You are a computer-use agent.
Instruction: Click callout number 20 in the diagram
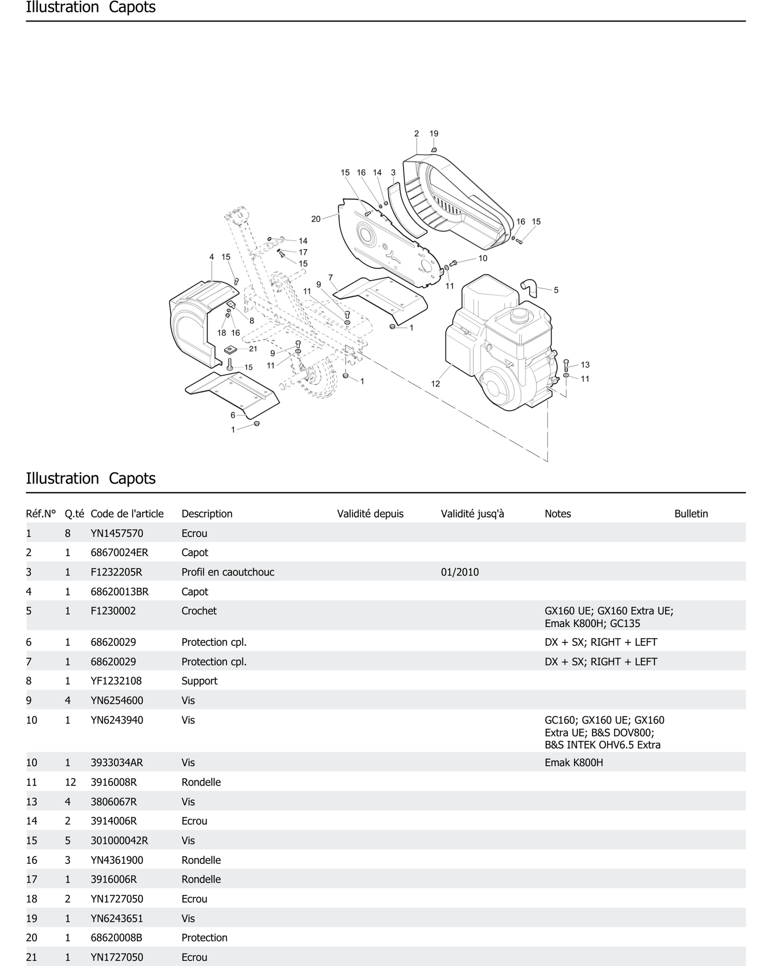click(316, 219)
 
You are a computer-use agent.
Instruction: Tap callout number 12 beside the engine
click(435, 384)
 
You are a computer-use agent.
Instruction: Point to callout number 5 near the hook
click(556, 290)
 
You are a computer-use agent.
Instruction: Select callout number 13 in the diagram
click(585, 365)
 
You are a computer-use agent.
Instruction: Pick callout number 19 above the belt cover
click(434, 134)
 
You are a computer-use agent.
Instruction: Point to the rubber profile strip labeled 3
click(405, 211)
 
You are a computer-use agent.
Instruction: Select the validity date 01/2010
click(460, 572)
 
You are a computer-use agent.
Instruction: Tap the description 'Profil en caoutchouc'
click(228, 572)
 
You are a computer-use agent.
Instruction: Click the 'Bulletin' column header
click(691, 514)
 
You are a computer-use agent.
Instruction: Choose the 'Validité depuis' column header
click(370, 514)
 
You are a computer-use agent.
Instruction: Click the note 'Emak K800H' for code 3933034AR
click(574, 763)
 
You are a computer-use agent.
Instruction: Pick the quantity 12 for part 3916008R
click(70, 782)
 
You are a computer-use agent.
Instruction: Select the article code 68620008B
click(116, 938)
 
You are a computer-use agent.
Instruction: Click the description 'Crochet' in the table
click(199, 611)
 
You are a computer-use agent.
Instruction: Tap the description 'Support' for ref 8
click(199, 681)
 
